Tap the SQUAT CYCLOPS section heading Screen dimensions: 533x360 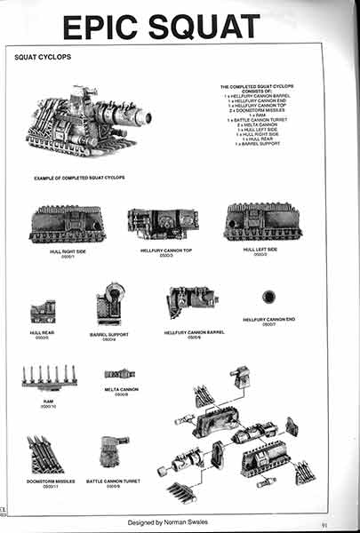43,57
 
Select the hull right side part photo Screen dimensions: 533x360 68,224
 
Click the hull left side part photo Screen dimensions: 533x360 262,221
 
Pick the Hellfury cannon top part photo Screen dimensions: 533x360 161,225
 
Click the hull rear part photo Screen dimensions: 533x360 43,312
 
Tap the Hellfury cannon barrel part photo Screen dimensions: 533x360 190,302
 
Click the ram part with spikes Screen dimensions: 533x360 50,377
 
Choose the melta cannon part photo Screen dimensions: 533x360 119,374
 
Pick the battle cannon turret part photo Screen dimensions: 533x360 114,452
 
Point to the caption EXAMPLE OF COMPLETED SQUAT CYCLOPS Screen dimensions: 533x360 80,178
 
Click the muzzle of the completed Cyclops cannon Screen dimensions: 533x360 146,117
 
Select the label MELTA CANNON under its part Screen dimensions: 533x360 119,389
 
